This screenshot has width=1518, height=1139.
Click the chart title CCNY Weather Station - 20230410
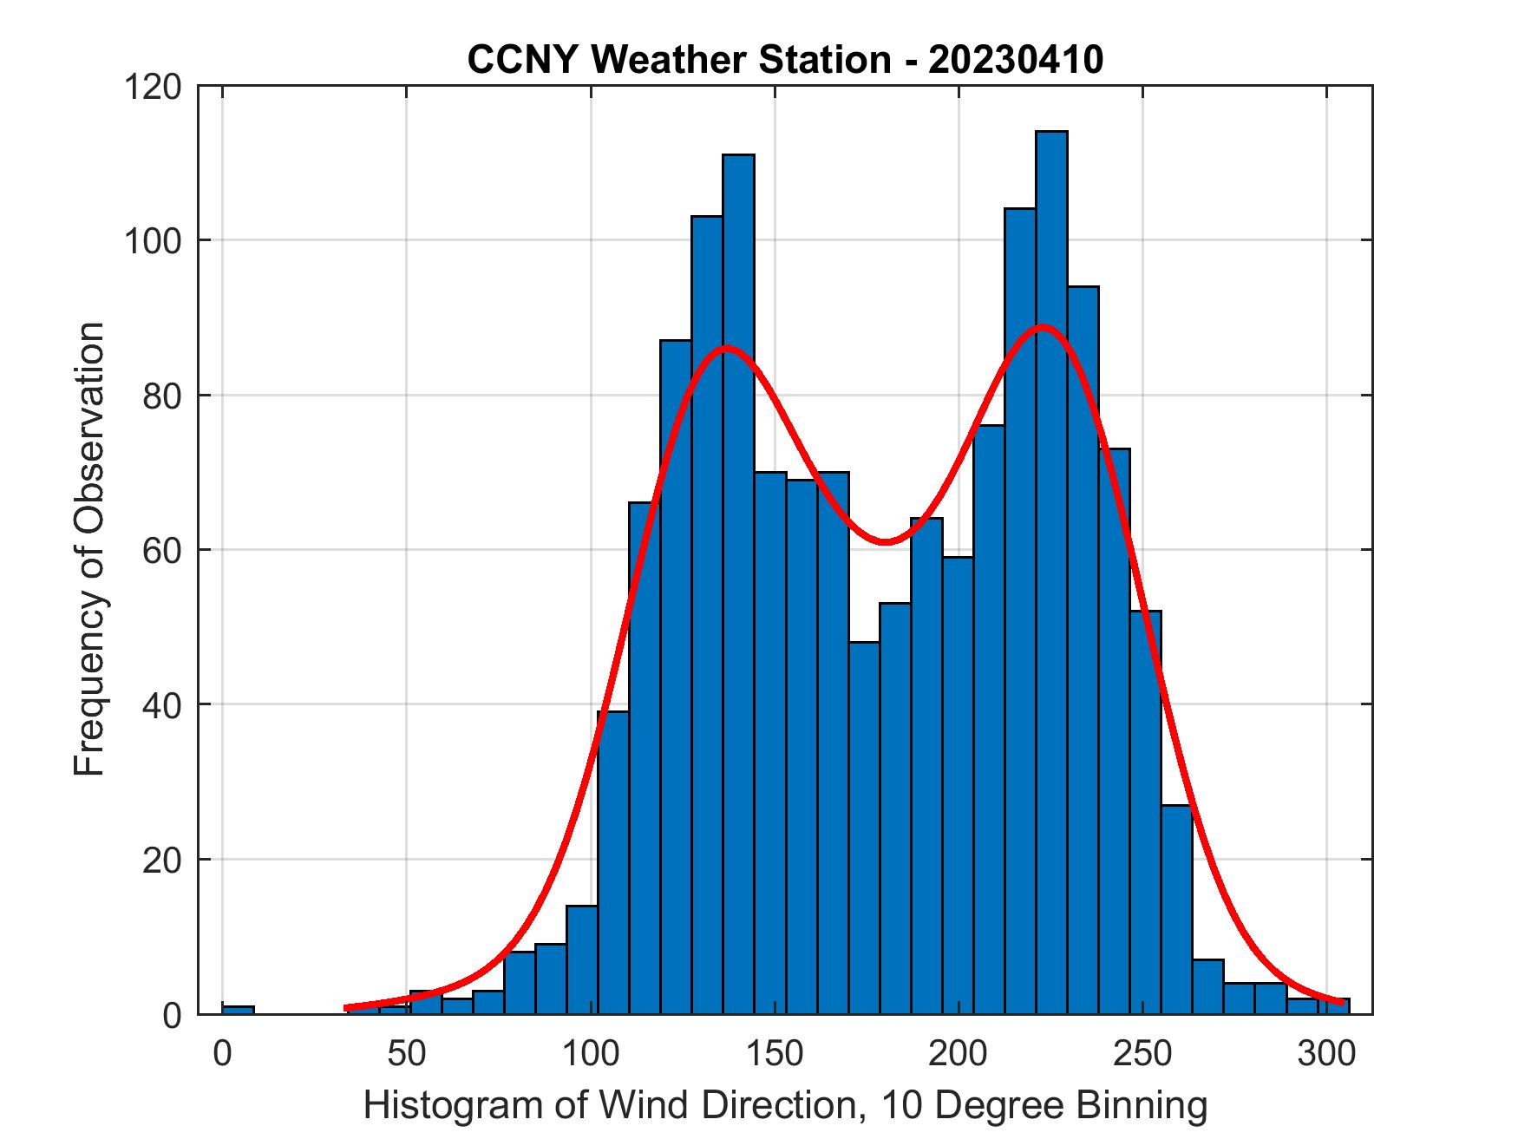(785, 60)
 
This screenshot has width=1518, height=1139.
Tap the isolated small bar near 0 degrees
(238, 1009)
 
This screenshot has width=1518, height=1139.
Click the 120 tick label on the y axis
(153, 87)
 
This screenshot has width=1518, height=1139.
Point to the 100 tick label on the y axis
(153, 241)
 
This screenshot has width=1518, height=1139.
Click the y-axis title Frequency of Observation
(89, 550)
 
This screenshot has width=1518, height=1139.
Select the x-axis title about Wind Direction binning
(785, 1105)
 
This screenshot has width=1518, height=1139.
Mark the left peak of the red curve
(726, 348)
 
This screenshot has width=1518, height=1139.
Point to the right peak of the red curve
(1043, 327)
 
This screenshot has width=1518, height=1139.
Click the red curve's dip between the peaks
(884, 542)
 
